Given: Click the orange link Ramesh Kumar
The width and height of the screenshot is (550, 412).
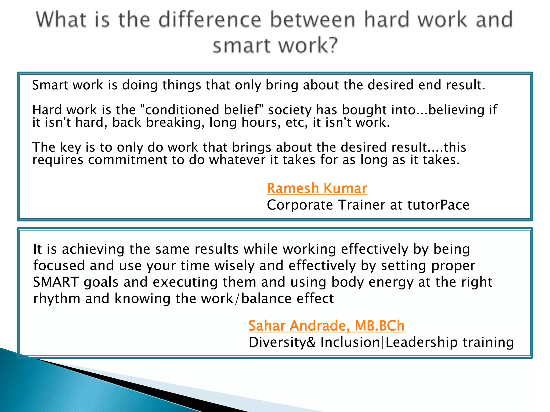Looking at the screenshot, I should pos(317,188).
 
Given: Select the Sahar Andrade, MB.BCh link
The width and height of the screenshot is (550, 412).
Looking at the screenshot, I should pos(326,326).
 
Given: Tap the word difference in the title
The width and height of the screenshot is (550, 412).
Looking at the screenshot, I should pos(210,20).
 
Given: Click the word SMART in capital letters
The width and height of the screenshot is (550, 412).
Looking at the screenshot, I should pos(56,282).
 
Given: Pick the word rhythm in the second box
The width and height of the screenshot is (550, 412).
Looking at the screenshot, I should pos(57,299).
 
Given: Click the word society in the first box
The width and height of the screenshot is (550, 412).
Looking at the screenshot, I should pos(290,110).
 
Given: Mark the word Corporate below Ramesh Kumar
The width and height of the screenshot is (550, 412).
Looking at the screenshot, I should pos(300,205).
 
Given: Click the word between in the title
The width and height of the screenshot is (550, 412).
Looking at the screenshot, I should pos(313,20).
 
